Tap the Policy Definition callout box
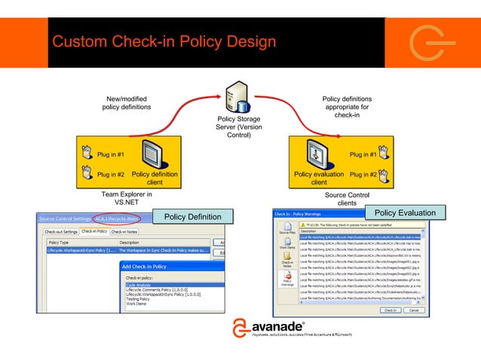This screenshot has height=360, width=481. click(194, 218)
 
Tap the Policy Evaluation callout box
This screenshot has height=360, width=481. click(405, 213)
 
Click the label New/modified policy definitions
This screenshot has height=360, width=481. click(127, 102)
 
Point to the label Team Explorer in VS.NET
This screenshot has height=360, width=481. click(127, 198)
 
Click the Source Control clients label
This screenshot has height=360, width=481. click(347, 198)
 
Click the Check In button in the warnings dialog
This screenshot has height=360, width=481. click(391, 309)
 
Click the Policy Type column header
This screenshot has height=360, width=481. click(60, 243)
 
